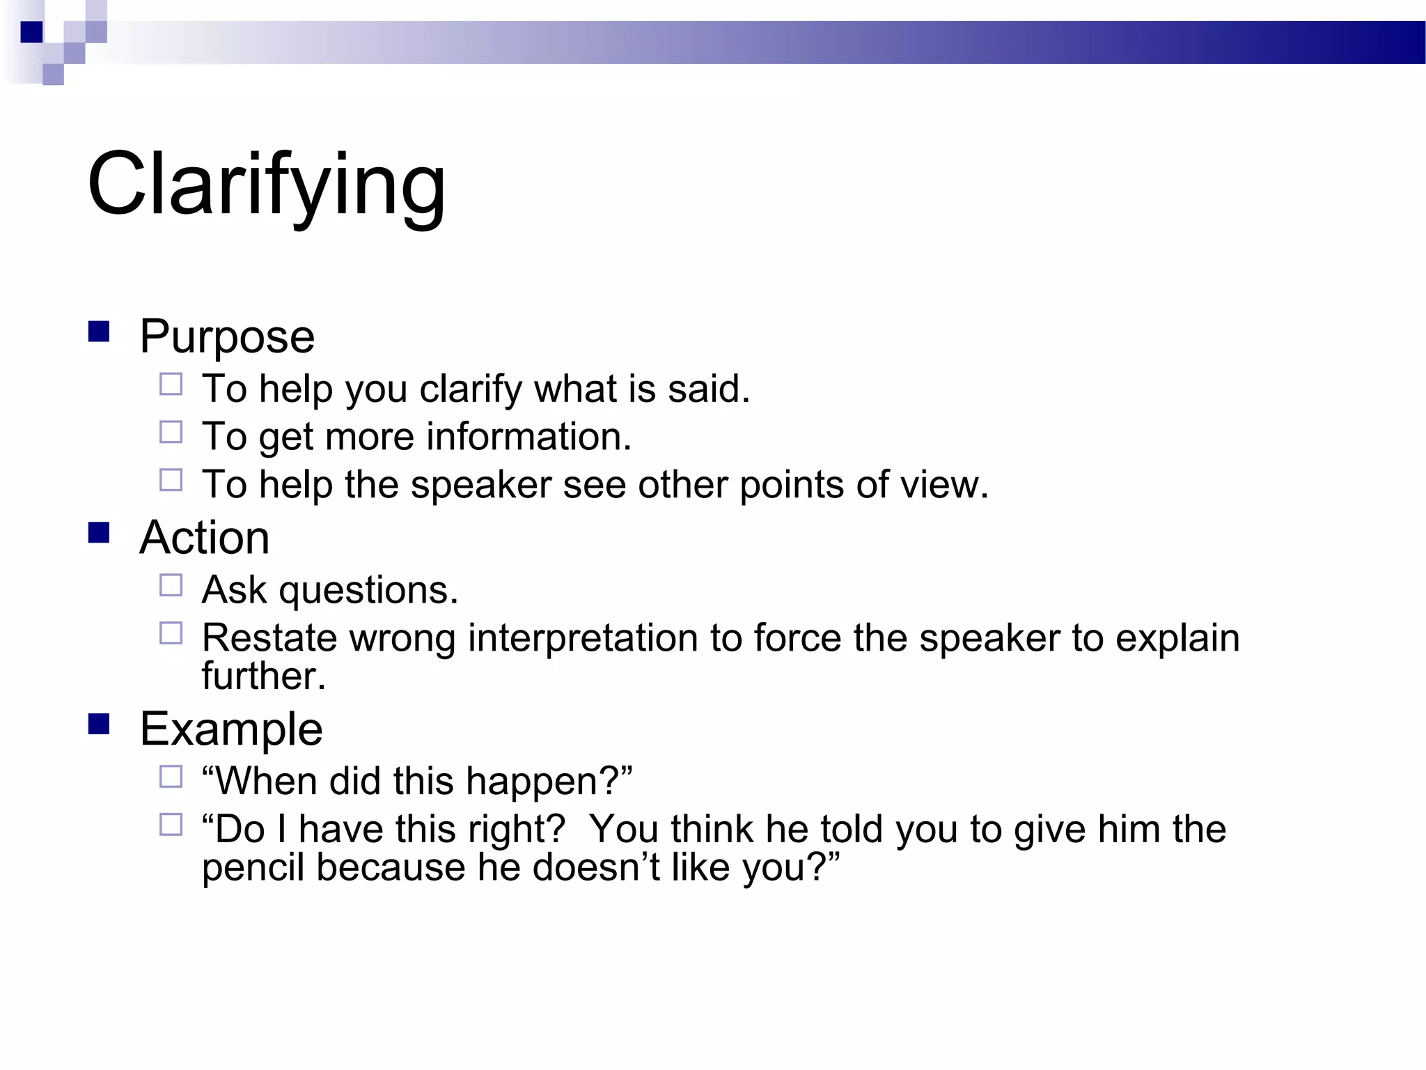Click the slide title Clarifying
coord(266,185)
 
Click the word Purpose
coord(227,337)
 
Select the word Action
coord(204,538)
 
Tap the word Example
coord(231,729)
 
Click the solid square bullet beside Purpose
coord(99,332)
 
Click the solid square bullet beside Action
coord(99,533)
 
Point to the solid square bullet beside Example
coord(99,724)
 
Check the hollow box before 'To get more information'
coord(171,432)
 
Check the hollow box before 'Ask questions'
coord(171,585)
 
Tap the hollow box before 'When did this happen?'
coord(171,777)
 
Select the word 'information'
coord(528,437)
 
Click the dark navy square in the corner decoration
coord(32,32)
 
